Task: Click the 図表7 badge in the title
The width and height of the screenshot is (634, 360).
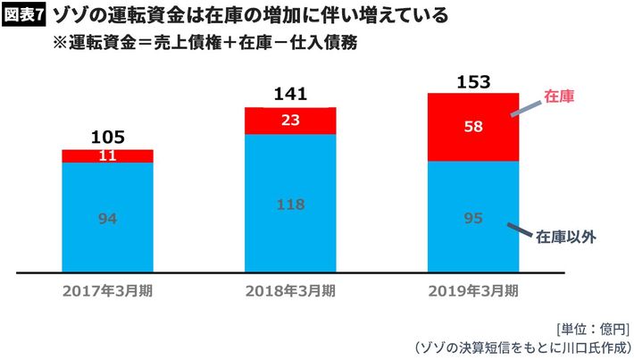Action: point(24,16)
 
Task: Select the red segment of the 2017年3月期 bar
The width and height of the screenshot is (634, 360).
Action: point(107,156)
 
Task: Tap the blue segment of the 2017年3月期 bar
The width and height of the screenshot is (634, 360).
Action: point(107,217)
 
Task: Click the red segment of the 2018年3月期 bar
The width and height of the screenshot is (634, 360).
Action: point(290,121)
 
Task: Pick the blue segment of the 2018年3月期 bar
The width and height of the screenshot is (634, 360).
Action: point(290,203)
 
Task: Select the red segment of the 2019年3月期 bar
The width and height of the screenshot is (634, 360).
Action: point(474,128)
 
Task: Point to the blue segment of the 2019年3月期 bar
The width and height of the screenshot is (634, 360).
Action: point(474,216)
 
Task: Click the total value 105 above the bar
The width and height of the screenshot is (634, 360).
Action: point(107,138)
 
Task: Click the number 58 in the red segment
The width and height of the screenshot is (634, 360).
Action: point(474,128)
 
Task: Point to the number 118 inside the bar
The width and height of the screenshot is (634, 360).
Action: point(290,203)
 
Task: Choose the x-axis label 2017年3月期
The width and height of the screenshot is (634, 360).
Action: point(107,290)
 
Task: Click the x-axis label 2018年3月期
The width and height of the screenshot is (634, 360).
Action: point(290,290)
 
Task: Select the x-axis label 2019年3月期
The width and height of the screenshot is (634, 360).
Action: point(474,290)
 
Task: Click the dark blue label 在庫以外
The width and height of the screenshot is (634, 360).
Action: point(566,238)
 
